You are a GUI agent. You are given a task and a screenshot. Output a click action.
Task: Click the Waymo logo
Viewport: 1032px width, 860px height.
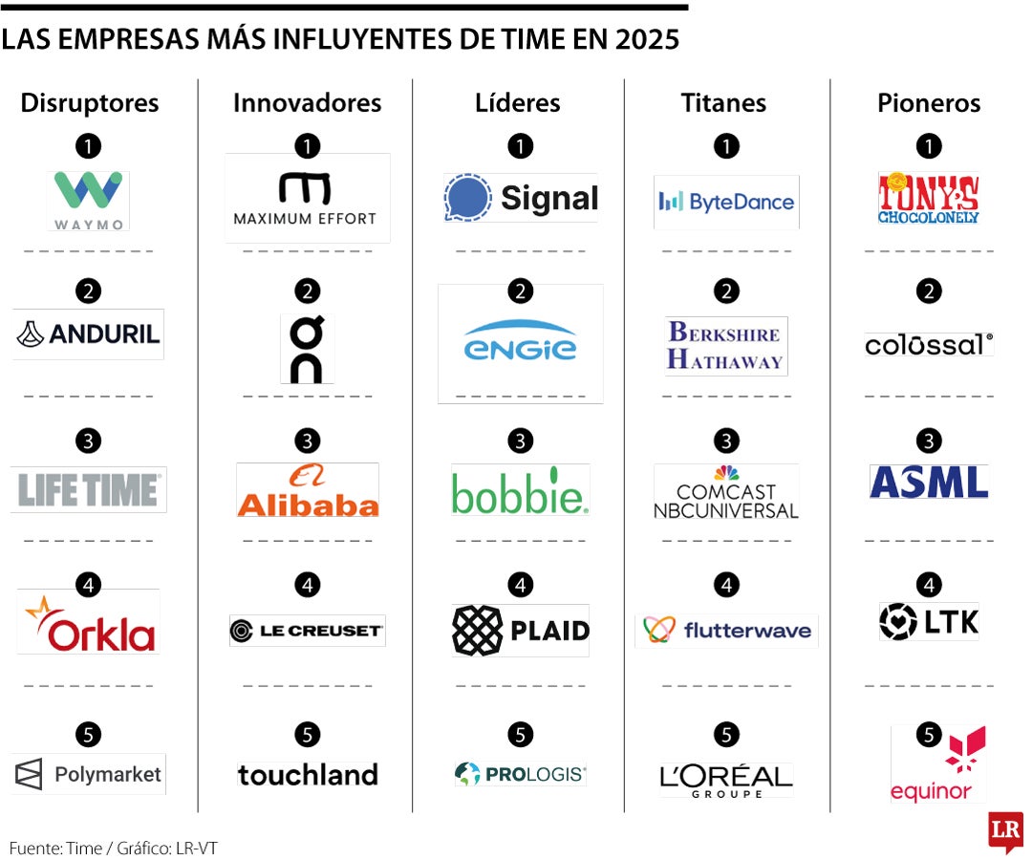point(88,200)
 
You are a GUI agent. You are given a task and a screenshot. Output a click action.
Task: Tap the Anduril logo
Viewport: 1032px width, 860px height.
point(88,333)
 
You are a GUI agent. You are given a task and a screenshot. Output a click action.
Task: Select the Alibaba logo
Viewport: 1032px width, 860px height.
point(308,490)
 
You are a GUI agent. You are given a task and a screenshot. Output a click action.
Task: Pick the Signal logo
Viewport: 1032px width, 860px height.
point(521,198)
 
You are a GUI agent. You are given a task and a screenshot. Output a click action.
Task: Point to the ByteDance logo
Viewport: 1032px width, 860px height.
point(726,202)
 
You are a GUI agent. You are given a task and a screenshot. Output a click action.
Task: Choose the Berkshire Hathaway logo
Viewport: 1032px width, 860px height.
point(726,345)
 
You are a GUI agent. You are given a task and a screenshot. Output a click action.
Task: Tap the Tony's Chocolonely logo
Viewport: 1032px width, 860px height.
point(928,198)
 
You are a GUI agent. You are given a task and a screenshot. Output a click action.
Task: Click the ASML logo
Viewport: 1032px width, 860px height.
point(928,483)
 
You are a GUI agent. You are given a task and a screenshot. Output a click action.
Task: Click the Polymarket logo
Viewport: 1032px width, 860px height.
point(89,774)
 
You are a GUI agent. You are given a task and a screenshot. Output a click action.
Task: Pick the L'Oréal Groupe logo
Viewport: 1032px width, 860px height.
point(726,779)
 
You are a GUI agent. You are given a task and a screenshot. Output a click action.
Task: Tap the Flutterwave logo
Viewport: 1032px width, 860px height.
point(726,630)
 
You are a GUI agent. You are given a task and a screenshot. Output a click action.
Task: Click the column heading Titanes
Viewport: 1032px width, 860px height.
point(723,103)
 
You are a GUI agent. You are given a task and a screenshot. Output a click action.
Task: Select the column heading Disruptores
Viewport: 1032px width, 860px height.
point(90,103)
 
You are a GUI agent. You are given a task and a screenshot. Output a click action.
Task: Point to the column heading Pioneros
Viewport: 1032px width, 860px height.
point(929,103)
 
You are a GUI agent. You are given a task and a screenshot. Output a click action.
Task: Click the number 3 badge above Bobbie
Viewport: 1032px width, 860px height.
point(520,441)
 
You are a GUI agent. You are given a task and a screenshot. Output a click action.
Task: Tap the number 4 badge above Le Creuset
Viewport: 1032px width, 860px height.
point(307,585)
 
